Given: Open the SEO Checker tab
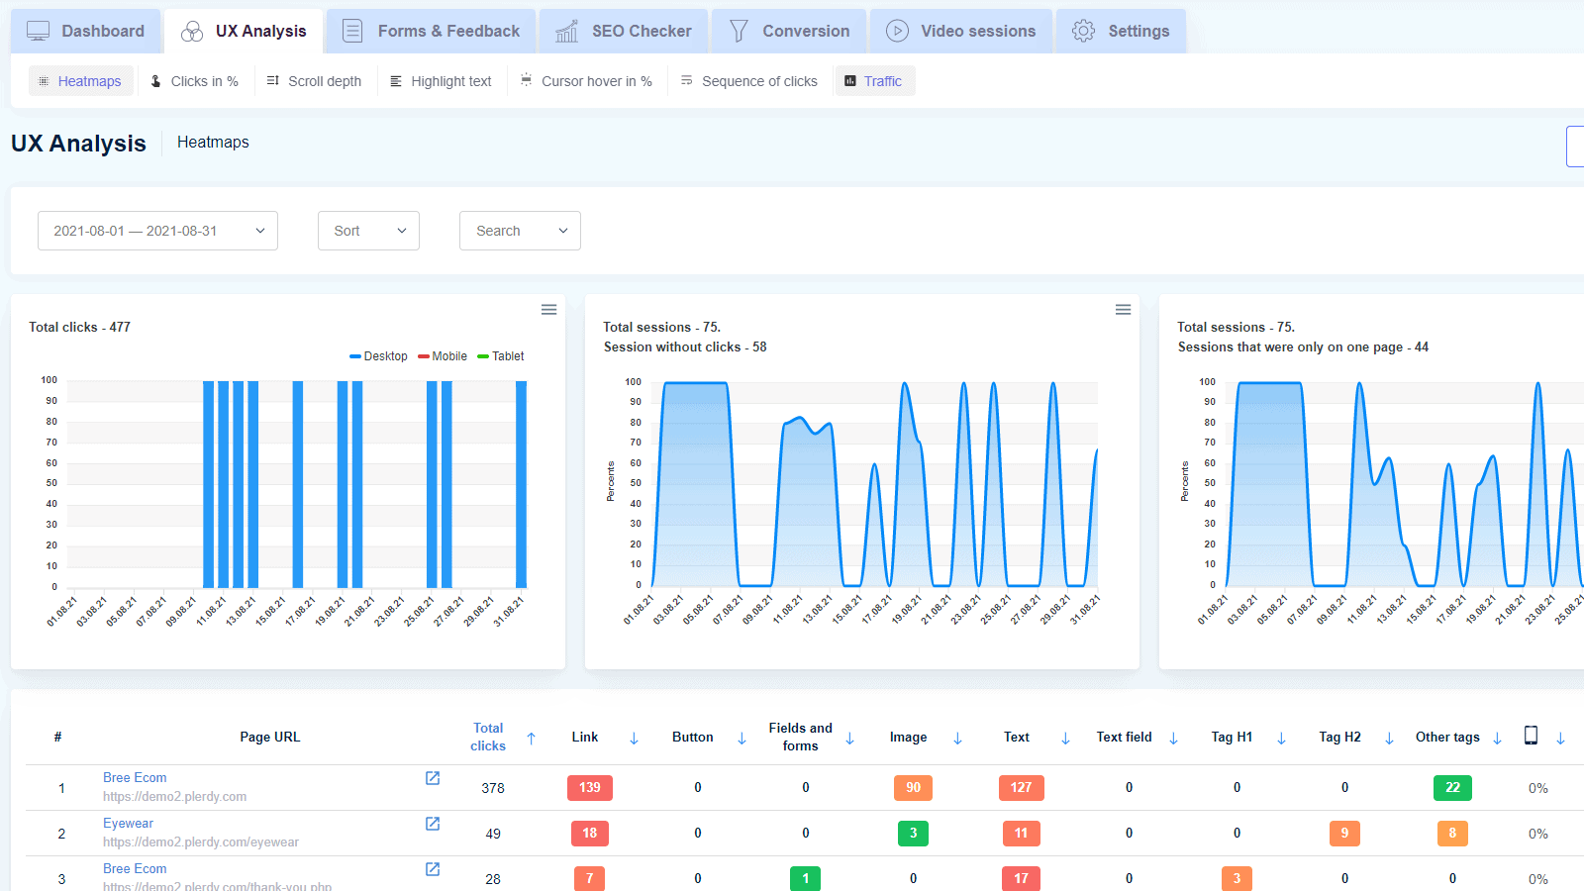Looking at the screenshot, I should [624, 31].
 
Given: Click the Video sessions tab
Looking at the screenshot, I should [960, 31].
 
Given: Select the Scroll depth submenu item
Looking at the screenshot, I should [314, 81].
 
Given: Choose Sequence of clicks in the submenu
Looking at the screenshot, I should [749, 81].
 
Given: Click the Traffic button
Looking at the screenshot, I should [874, 81].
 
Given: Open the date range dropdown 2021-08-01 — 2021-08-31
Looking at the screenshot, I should [157, 231].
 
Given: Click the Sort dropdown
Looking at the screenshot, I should [368, 231].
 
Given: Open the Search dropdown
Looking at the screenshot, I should [520, 231].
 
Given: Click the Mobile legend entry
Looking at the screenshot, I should [443, 356].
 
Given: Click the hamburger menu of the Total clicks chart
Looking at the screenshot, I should [548, 310].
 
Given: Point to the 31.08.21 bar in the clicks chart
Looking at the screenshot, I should [521, 485].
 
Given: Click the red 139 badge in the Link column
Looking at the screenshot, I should [590, 788].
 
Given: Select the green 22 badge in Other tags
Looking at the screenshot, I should [1452, 788].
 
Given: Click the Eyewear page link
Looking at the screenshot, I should [129, 824].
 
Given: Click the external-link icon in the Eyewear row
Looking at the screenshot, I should [433, 824].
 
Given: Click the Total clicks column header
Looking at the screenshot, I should [488, 737].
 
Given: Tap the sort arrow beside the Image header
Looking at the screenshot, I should [957, 739].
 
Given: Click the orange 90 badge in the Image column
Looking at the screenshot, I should [913, 788].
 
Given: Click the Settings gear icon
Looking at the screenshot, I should [1083, 31].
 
